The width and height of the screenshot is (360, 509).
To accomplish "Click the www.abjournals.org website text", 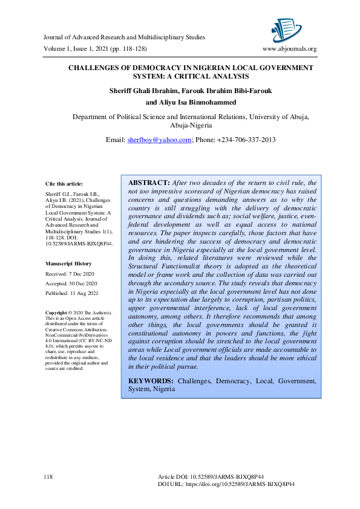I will [x=289, y=49].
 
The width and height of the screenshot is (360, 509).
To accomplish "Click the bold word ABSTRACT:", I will [x=149, y=183].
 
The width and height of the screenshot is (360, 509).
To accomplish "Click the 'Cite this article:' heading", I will [x=65, y=183].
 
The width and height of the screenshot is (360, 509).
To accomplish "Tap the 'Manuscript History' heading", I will [x=68, y=264].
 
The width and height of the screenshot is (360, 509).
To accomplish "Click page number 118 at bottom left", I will [x=49, y=478].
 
